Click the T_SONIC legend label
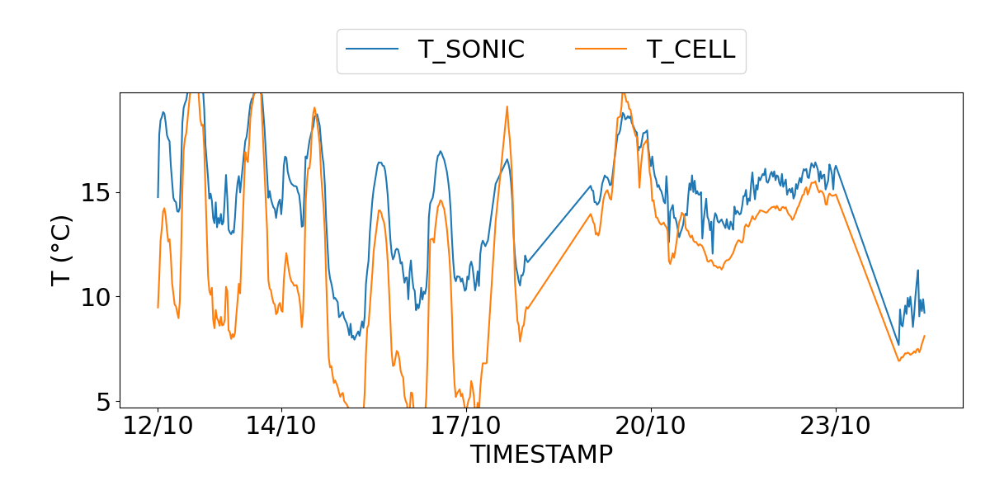(x=471, y=49)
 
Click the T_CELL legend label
(x=691, y=49)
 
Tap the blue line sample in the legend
(x=372, y=49)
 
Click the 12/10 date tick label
(x=158, y=427)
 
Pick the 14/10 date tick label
(x=281, y=427)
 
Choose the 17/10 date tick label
(x=466, y=427)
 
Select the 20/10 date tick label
(x=651, y=427)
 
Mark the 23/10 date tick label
(x=836, y=427)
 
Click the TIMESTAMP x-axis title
(x=541, y=454)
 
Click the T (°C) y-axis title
(x=62, y=250)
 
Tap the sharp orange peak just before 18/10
(x=507, y=106)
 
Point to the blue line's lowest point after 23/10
(x=898, y=345)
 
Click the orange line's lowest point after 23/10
(x=899, y=361)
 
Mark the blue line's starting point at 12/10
(x=158, y=197)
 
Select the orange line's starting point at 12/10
(x=158, y=308)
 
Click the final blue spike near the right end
(x=917, y=270)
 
